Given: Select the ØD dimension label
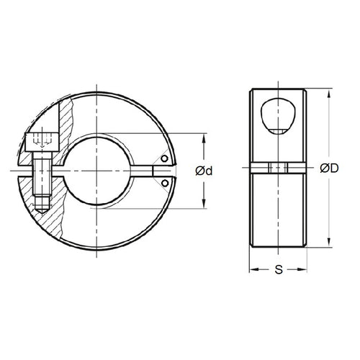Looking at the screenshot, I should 330,169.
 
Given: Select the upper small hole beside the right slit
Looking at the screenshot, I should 165,160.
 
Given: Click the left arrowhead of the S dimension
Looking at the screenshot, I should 253,271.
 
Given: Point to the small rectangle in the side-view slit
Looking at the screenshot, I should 277,168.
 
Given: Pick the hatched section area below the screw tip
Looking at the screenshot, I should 43,220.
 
